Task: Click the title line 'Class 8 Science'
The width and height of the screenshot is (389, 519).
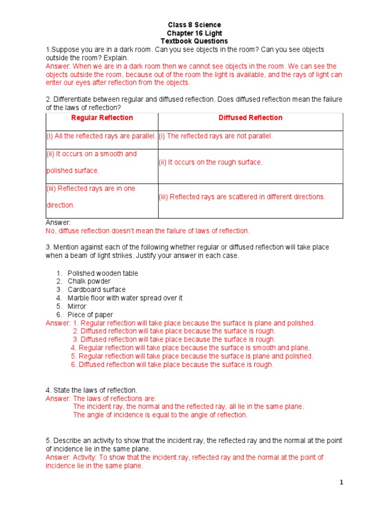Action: click(x=194, y=25)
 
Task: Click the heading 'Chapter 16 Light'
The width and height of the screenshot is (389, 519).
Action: click(x=194, y=33)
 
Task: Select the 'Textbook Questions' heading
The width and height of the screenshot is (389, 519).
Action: click(x=194, y=41)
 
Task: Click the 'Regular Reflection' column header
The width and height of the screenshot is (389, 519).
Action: click(x=102, y=118)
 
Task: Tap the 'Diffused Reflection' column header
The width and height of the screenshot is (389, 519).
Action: click(x=250, y=118)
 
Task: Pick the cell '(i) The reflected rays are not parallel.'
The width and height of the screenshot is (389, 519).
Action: click(x=216, y=136)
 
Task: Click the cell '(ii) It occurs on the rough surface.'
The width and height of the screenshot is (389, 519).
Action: click(x=211, y=162)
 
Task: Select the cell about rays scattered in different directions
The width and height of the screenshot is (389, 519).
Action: click(x=242, y=197)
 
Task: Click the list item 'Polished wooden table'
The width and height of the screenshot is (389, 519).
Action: click(x=102, y=273)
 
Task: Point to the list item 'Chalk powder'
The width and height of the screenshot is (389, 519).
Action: click(x=89, y=281)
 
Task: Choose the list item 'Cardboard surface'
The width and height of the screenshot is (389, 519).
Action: click(x=96, y=289)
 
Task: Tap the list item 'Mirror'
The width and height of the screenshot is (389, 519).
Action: click(x=77, y=306)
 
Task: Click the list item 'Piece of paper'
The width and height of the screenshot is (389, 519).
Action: click(x=90, y=315)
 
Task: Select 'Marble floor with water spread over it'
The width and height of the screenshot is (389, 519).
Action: click(x=125, y=298)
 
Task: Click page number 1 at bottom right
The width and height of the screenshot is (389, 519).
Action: click(x=341, y=483)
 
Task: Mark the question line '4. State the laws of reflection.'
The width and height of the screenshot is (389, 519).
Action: click(x=92, y=390)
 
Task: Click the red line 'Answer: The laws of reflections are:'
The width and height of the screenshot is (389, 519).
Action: click(x=101, y=398)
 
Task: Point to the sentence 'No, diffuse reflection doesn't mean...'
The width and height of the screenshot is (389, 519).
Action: click(x=147, y=231)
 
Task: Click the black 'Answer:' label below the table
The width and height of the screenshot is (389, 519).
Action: click(x=58, y=223)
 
